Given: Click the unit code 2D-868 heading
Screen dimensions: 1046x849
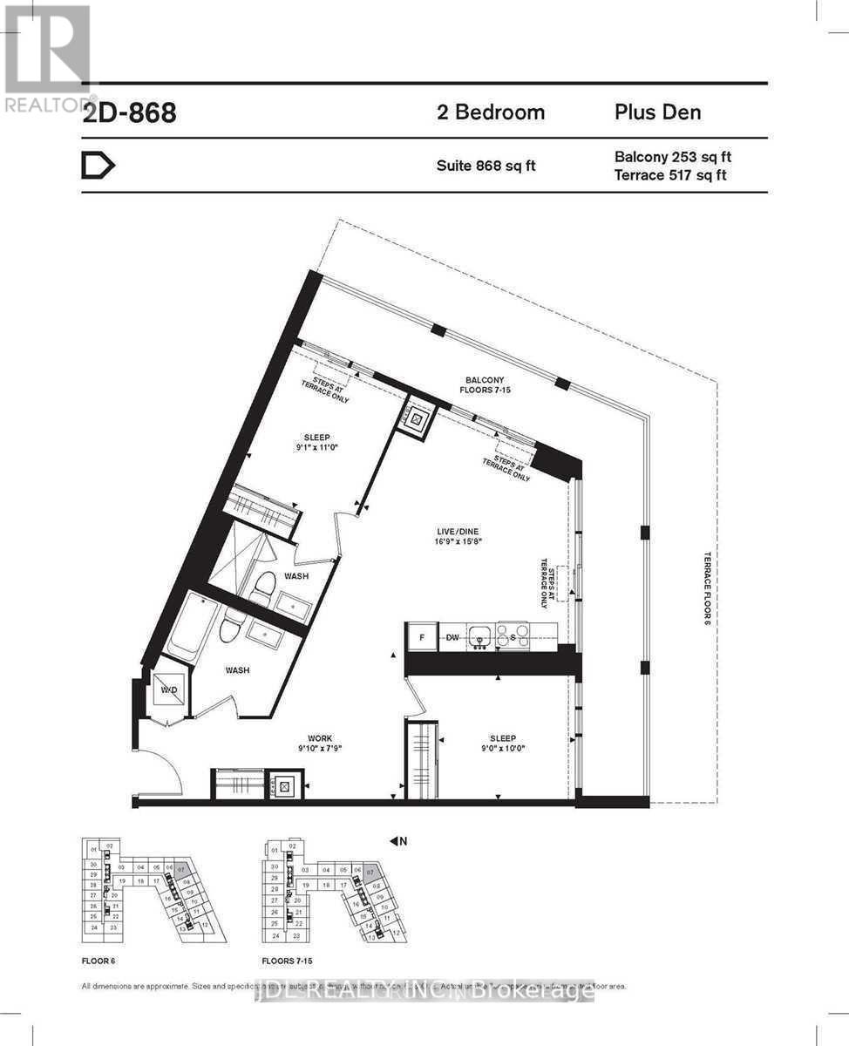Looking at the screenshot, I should click(129, 113).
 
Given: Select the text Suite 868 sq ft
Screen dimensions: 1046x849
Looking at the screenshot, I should click(486, 166).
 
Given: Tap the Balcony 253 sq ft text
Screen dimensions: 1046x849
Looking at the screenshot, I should click(672, 157).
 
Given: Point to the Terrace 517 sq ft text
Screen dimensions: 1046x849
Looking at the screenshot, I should click(670, 175).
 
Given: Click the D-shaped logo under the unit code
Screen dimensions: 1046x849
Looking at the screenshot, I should click(98, 166).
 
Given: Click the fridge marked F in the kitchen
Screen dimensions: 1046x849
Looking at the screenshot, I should click(423, 636).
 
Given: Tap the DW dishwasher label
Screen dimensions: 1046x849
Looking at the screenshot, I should click(452, 636).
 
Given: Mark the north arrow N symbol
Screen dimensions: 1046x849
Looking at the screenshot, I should click(398, 841).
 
